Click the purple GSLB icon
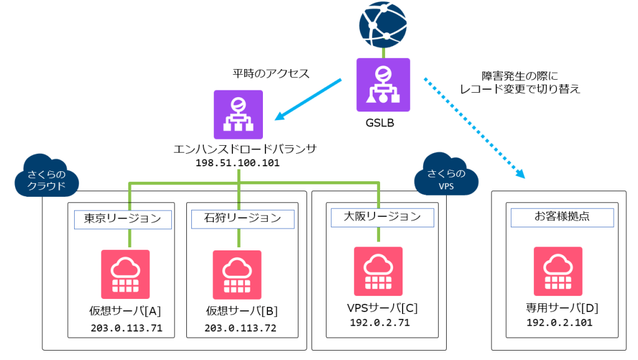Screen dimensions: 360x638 383,85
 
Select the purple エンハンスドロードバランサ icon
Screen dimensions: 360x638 239,114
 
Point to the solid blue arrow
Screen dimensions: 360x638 308,98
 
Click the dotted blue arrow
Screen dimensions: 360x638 474,128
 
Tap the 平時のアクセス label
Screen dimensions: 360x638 271,73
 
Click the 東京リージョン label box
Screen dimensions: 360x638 123,219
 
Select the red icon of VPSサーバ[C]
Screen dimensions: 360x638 378,271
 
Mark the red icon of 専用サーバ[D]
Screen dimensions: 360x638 558,271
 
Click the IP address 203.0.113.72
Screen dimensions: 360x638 241,328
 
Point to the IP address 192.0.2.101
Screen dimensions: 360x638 559,323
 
